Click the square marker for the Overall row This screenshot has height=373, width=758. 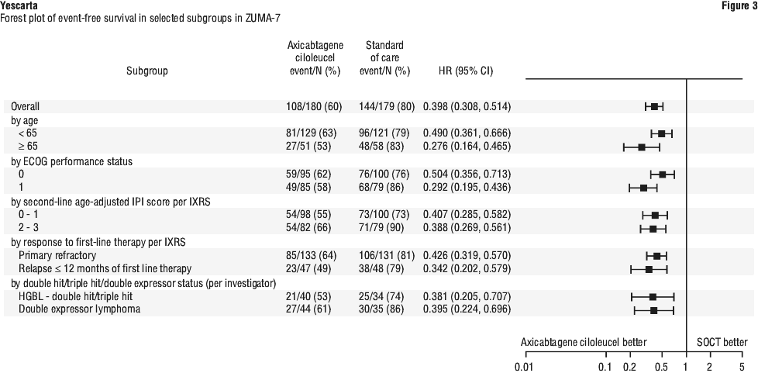pyautogui.click(x=655, y=106)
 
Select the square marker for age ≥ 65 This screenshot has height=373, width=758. pyautogui.click(x=642, y=147)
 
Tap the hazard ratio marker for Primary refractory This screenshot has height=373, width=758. pyautogui.click(x=657, y=255)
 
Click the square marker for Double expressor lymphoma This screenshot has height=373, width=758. pyautogui.click(x=654, y=309)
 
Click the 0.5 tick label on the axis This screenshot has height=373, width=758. pyautogui.click(x=662, y=367)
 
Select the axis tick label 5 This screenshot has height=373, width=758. pyautogui.click(x=742, y=367)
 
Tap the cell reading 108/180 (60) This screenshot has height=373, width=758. pyautogui.click(x=314, y=106)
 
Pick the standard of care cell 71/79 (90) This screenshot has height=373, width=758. pyautogui.click(x=382, y=228)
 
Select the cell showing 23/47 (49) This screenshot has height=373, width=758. pyautogui.click(x=309, y=268)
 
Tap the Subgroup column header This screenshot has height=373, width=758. pyautogui.click(x=147, y=71)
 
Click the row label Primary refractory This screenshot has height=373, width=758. pyautogui.click(x=57, y=255)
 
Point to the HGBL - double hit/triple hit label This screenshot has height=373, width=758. pyautogui.click(x=75, y=296)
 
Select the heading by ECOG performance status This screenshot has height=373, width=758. pyautogui.click(x=71, y=161)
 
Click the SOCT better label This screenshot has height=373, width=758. pyautogui.click(x=722, y=343)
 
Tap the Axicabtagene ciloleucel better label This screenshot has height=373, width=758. pyautogui.click(x=584, y=343)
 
